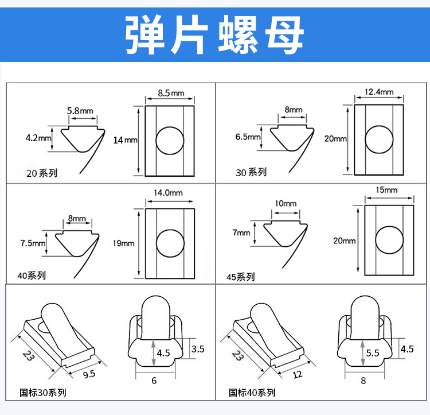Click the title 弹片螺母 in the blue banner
215,36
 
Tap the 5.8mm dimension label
80,110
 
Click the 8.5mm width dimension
171,93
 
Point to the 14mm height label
126,139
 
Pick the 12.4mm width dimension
379,92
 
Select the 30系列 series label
251,172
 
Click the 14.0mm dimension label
168,193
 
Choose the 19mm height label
124,243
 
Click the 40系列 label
32,276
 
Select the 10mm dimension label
286,204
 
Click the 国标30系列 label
43,393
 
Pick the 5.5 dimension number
373,353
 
